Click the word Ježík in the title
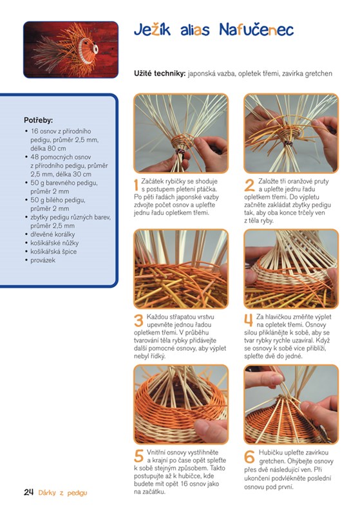pyautogui.click(x=152, y=30)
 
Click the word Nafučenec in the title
pyautogui.click(x=256, y=30)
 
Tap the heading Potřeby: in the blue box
pyautogui.click(x=39, y=120)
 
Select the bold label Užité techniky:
pyautogui.click(x=160, y=73)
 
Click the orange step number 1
pyautogui.click(x=137, y=185)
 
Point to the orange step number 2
pyautogui.click(x=249, y=185)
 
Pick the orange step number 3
pyautogui.click(x=139, y=321)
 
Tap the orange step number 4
pyautogui.click(x=249, y=321)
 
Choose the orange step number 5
pyautogui.click(x=139, y=456)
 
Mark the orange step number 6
pyautogui.click(x=249, y=456)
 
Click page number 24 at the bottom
pyautogui.click(x=28, y=492)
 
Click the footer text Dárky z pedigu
pyautogui.click(x=62, y=492)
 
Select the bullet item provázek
pyautogui.click(x=43, y=260)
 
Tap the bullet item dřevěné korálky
pyautogui.click(x=53, y=234)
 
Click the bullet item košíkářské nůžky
pyautogui.click(x=55, y=243)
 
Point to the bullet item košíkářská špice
pyautogui.click(x=53, y=252)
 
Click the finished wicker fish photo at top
pyautogui.click(x=71, y=50)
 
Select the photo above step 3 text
pyautogui.click(x=181, y=269)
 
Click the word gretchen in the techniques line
pyautogui.click(x=318, y=73)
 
